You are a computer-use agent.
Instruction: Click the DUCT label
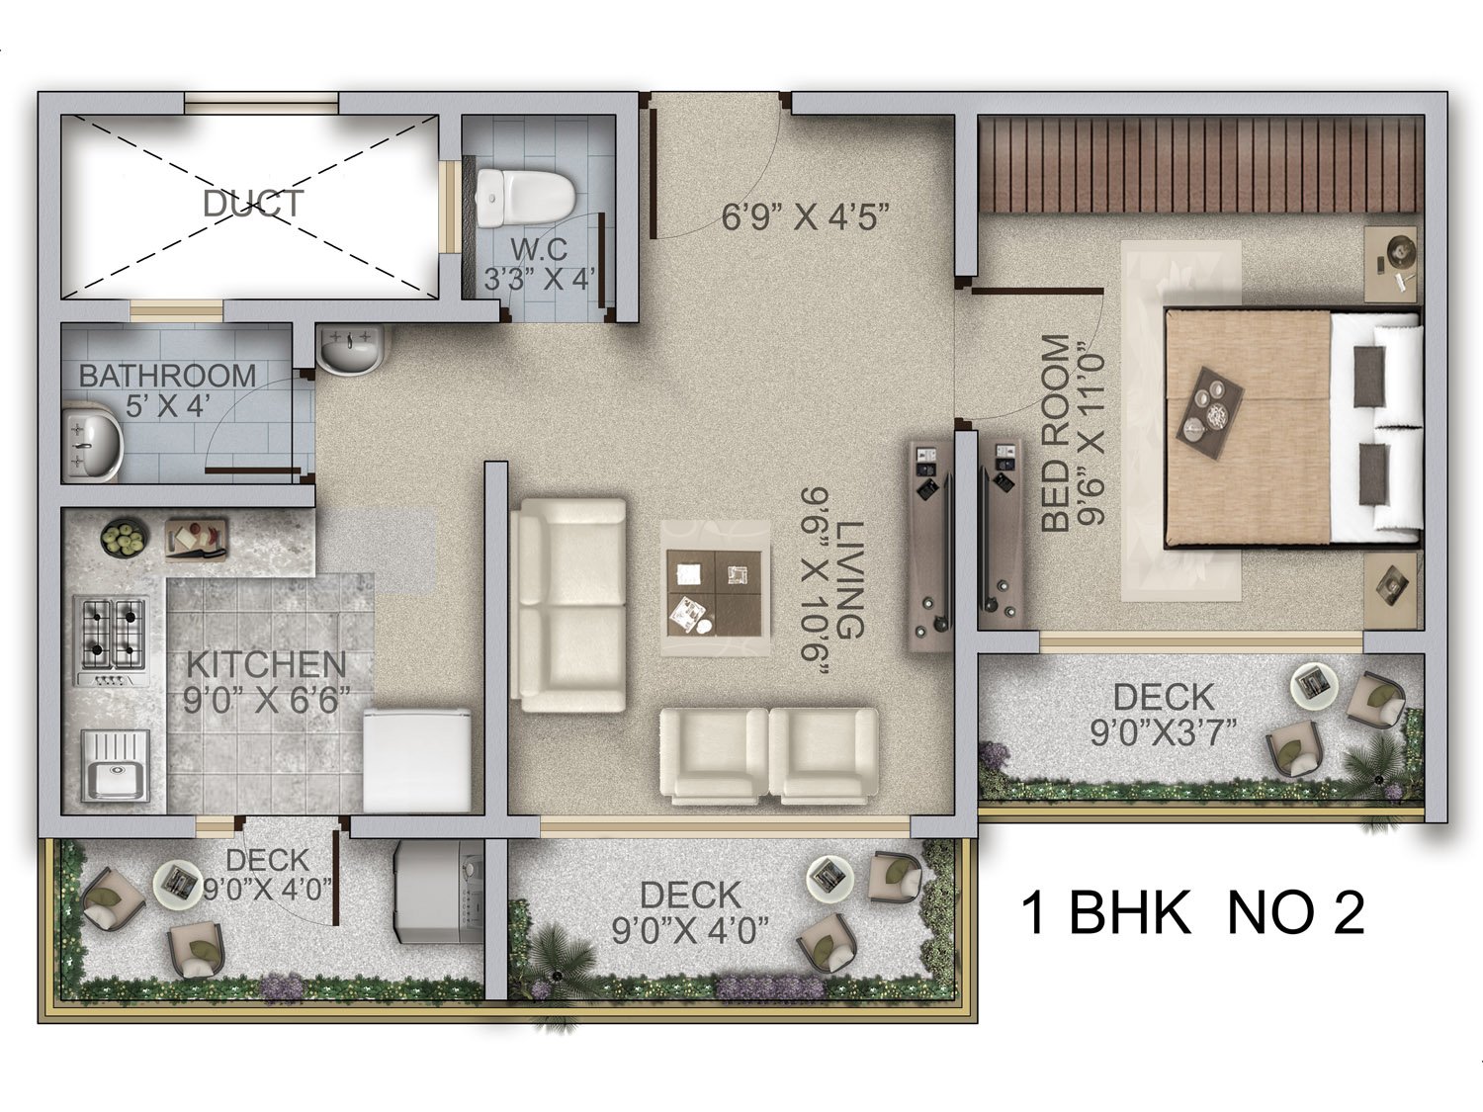253,203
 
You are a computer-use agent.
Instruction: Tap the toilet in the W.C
526,198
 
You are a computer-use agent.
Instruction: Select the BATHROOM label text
167,376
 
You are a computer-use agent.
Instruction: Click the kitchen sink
115,766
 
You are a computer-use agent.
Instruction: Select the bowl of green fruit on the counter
125,538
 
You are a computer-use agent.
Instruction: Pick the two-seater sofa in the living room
568,606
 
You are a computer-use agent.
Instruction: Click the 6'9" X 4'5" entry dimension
805,216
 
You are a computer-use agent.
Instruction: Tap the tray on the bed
1210,413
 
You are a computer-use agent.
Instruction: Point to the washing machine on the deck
439,892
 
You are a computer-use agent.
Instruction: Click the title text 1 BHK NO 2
1192,912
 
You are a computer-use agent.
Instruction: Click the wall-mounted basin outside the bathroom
350,348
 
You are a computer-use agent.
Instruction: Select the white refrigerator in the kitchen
417,760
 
